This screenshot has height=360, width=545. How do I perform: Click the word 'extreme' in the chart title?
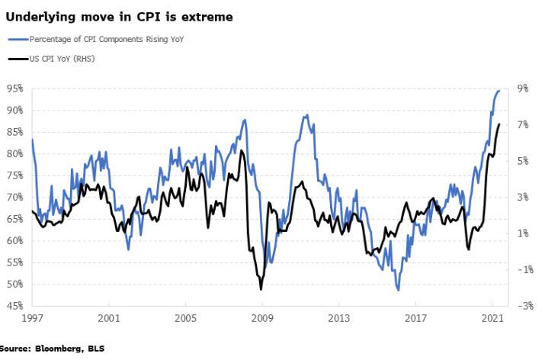[x=208, y=16]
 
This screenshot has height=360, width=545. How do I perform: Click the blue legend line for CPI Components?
[x=17, y=39]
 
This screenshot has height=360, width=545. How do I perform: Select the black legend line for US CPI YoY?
[x=17, y=58]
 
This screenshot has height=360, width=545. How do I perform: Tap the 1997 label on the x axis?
[x=32, y=317]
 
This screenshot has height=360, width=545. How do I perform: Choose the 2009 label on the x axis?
[x=262, y=317]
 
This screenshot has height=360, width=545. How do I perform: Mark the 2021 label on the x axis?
[x=492, y=317]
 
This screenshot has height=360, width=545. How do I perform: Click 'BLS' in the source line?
[x=96, y=349]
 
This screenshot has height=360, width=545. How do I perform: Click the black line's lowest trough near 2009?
[x=261, y=289]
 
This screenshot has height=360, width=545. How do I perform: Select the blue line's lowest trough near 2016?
[x=398, y=290]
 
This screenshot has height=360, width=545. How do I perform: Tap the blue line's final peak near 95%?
[x=499, y=90]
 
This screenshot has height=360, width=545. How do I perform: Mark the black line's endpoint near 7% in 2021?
[x=499, y=124]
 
